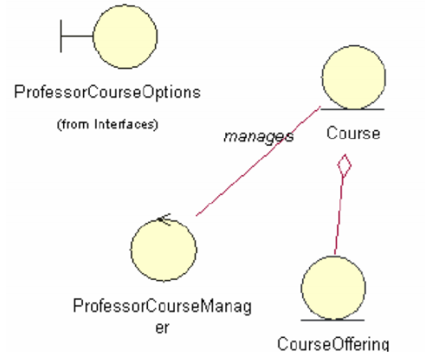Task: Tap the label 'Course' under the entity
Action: [353, 133]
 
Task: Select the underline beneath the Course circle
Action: [352, 109]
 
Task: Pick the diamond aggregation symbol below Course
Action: [343, 167]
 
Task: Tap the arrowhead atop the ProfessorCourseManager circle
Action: [162, 219]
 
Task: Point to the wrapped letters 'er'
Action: [161, 328]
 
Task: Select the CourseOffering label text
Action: [333, 343]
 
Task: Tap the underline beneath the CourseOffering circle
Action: [333, 320]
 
